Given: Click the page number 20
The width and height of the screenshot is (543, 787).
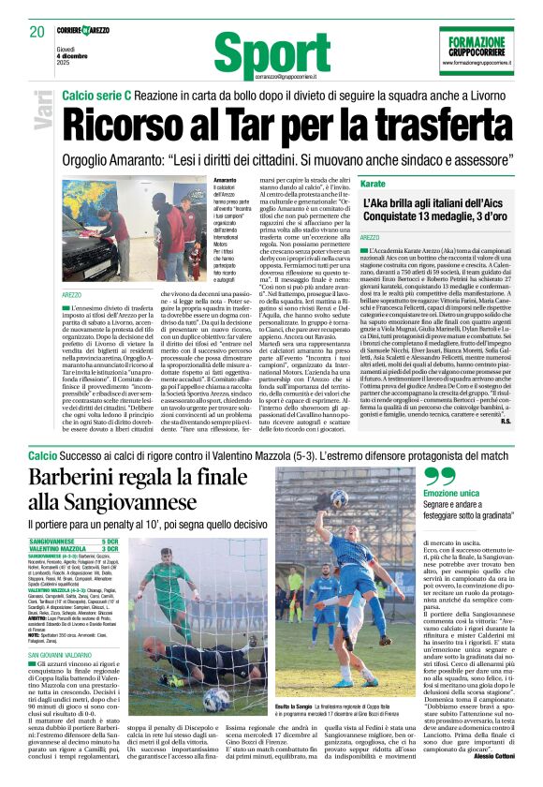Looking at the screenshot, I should click(35, 32).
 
